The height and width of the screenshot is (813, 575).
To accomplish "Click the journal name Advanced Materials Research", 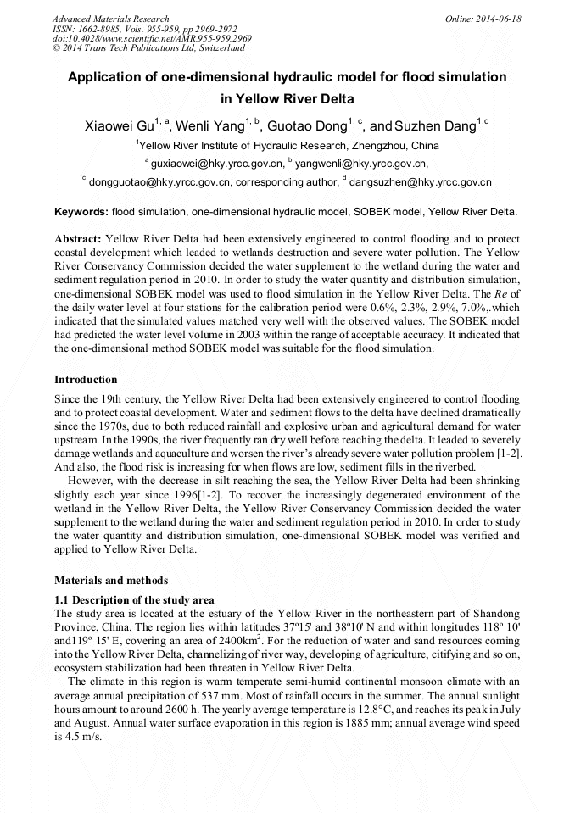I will [110, 19].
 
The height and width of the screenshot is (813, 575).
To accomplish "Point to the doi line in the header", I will [152, 39].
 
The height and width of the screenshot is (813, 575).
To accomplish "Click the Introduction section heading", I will [86, 379].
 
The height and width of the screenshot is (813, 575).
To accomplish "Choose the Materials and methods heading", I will [111, 581].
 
